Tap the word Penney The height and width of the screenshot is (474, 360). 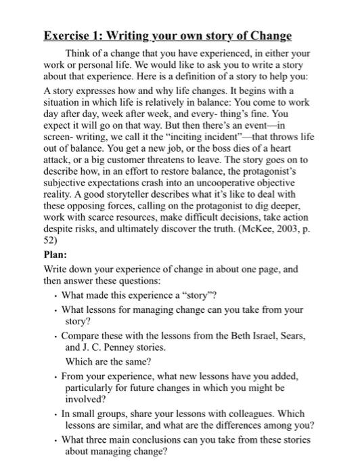coord(111,346)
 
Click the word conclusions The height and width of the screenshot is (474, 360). coord(169,440)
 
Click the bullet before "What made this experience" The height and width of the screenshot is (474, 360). coord(55,296)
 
